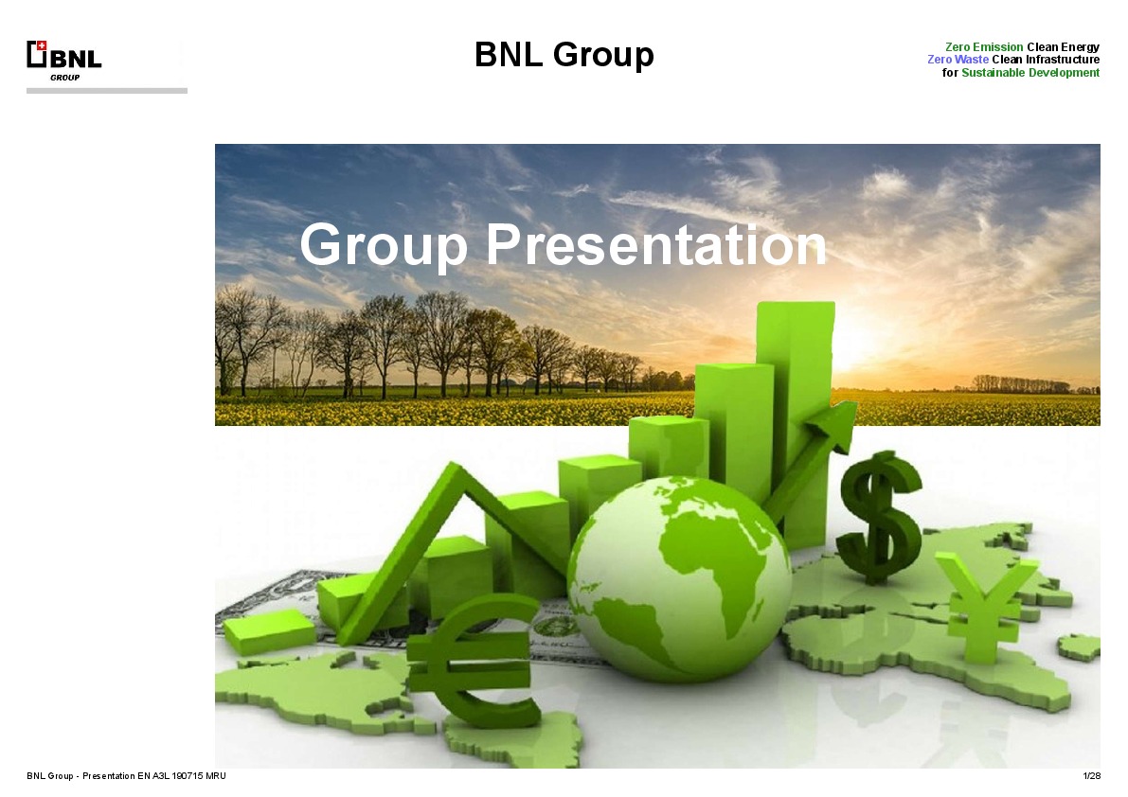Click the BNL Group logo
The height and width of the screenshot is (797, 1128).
click(x=63, y=58)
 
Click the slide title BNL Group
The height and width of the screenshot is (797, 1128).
click(x=564, y=55)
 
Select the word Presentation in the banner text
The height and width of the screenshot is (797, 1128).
click(x=656, y=245)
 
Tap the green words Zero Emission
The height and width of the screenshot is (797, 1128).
click(x=983, y=46)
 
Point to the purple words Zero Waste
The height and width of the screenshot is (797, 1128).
click(x=958, y=60)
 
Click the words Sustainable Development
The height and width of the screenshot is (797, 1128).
click(x=1030, y=73)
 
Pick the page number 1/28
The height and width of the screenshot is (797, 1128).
click(x=1091, y=776)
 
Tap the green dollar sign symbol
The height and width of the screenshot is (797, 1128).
click(x=880, y=517)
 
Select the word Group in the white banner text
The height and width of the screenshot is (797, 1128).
click(x=384, y=245)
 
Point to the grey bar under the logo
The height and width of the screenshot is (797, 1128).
click(x=106, y=91)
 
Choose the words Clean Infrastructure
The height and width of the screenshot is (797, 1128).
click(x=1046, y=60)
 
